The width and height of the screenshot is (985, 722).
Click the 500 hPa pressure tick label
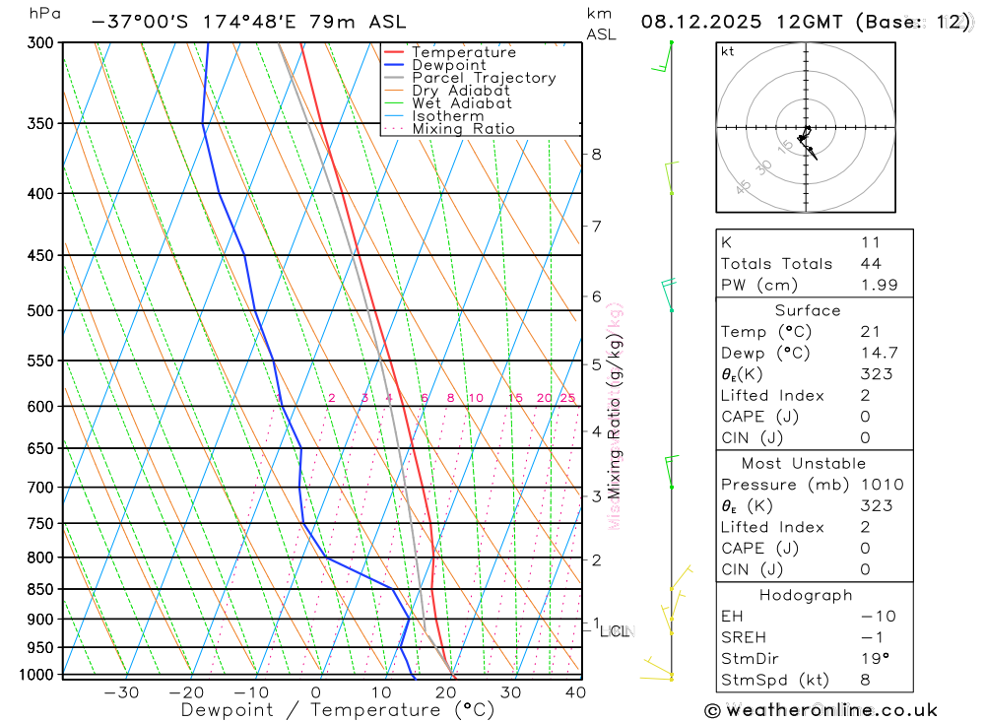click(x=42, y=310)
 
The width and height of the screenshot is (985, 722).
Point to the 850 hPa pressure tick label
click(x=42, y=589)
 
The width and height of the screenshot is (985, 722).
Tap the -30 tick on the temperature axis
click(x=121, y=692)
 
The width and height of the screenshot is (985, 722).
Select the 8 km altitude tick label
click(x=597, y=154)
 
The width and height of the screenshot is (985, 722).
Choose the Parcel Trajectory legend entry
click(x=484, y=78)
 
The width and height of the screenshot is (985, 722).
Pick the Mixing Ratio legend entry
click(x=463, y=129)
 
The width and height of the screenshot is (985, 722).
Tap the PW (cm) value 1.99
click(x=871, y=285)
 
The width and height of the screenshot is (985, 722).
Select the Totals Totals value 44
click(x=871, y=263)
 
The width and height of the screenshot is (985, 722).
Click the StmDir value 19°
click(x=871, y=658)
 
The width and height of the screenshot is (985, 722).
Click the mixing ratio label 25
click(x=567, y=398)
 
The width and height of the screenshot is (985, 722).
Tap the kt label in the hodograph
click(x=728, y=52)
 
